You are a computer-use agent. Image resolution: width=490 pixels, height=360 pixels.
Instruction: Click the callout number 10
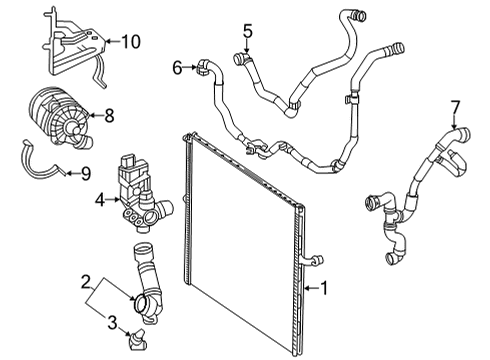click(x=131, y=42)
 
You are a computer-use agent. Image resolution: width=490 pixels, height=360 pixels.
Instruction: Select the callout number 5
click(x=248, y=31)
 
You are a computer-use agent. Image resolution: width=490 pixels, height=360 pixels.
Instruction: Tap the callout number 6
click(x=177, y=68)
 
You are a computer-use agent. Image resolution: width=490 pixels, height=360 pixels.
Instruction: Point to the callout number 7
click(x=455, y=108)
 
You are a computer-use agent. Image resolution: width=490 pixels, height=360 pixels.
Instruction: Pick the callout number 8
click(x=109, y=116)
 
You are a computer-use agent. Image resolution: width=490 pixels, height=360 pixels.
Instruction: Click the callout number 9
click(x=86, y=173)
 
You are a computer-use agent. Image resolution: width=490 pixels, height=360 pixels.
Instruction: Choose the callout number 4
click(x=100, y=200)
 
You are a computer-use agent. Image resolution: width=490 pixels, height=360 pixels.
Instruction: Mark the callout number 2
click(x=86, y=282)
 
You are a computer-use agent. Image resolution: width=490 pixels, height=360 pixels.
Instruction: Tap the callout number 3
click(x=112, y=323)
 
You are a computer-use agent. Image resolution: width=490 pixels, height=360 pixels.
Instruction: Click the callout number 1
click(x=324, y=288)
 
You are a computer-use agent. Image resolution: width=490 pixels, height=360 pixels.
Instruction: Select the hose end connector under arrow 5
click(x=241, y=59)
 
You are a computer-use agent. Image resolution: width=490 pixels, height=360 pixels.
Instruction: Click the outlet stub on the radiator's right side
click(x=313, y=261)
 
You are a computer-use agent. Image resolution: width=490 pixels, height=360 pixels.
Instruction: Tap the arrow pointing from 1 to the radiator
click(x=312, y=288)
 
